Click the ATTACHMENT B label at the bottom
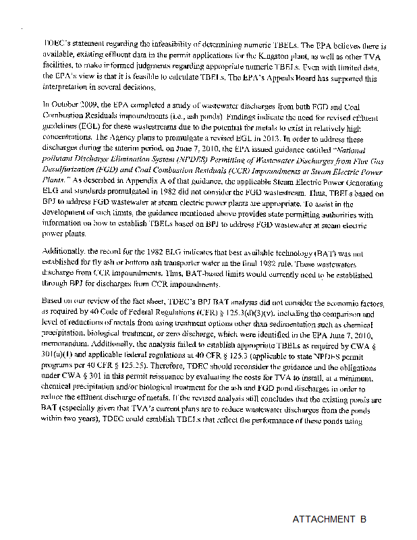click(x=329, y=519)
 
